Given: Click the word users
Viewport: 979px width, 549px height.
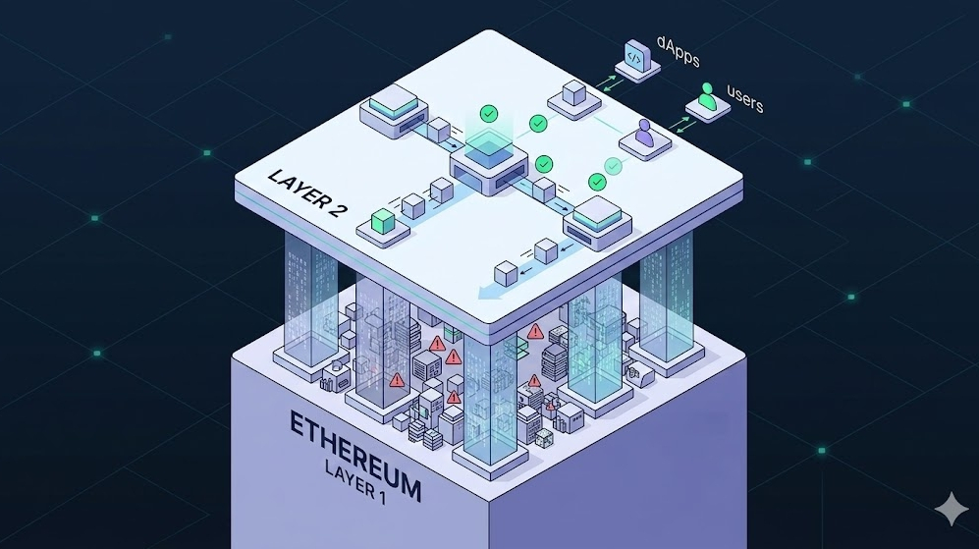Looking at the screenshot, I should [x=744, y=98].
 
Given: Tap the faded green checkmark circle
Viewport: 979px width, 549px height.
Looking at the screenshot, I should [x=614, y=166].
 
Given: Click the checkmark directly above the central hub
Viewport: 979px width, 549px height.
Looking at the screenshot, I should [x=487, y=115].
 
